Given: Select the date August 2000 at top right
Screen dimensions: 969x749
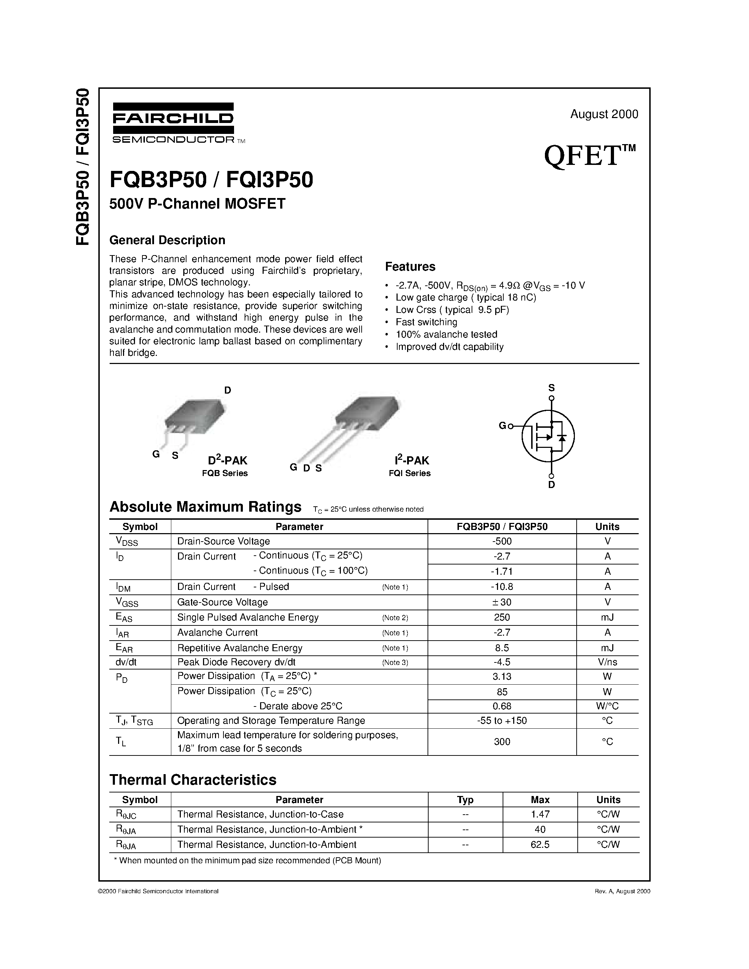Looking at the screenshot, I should (604, 114).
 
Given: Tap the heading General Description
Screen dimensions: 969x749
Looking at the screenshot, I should (167, 240).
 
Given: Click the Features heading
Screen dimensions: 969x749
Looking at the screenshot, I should (410, 267).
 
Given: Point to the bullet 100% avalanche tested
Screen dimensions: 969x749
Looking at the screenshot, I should (446, 334).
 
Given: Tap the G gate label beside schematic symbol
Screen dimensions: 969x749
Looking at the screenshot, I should (502, 426).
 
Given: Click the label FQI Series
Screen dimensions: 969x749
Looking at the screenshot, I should (410, 474).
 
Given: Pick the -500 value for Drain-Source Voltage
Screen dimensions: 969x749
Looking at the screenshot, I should (502, 541).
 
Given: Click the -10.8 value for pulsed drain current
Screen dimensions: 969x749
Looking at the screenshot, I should (502, 587).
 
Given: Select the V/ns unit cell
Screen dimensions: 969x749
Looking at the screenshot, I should (607, 662).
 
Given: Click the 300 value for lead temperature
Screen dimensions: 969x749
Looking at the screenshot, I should (502, 742).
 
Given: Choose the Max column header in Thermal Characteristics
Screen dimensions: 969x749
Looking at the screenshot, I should (540, 800).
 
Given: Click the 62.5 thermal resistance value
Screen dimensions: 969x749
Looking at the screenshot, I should (540, 844).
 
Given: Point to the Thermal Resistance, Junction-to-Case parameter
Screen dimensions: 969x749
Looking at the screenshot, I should (260, 814).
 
